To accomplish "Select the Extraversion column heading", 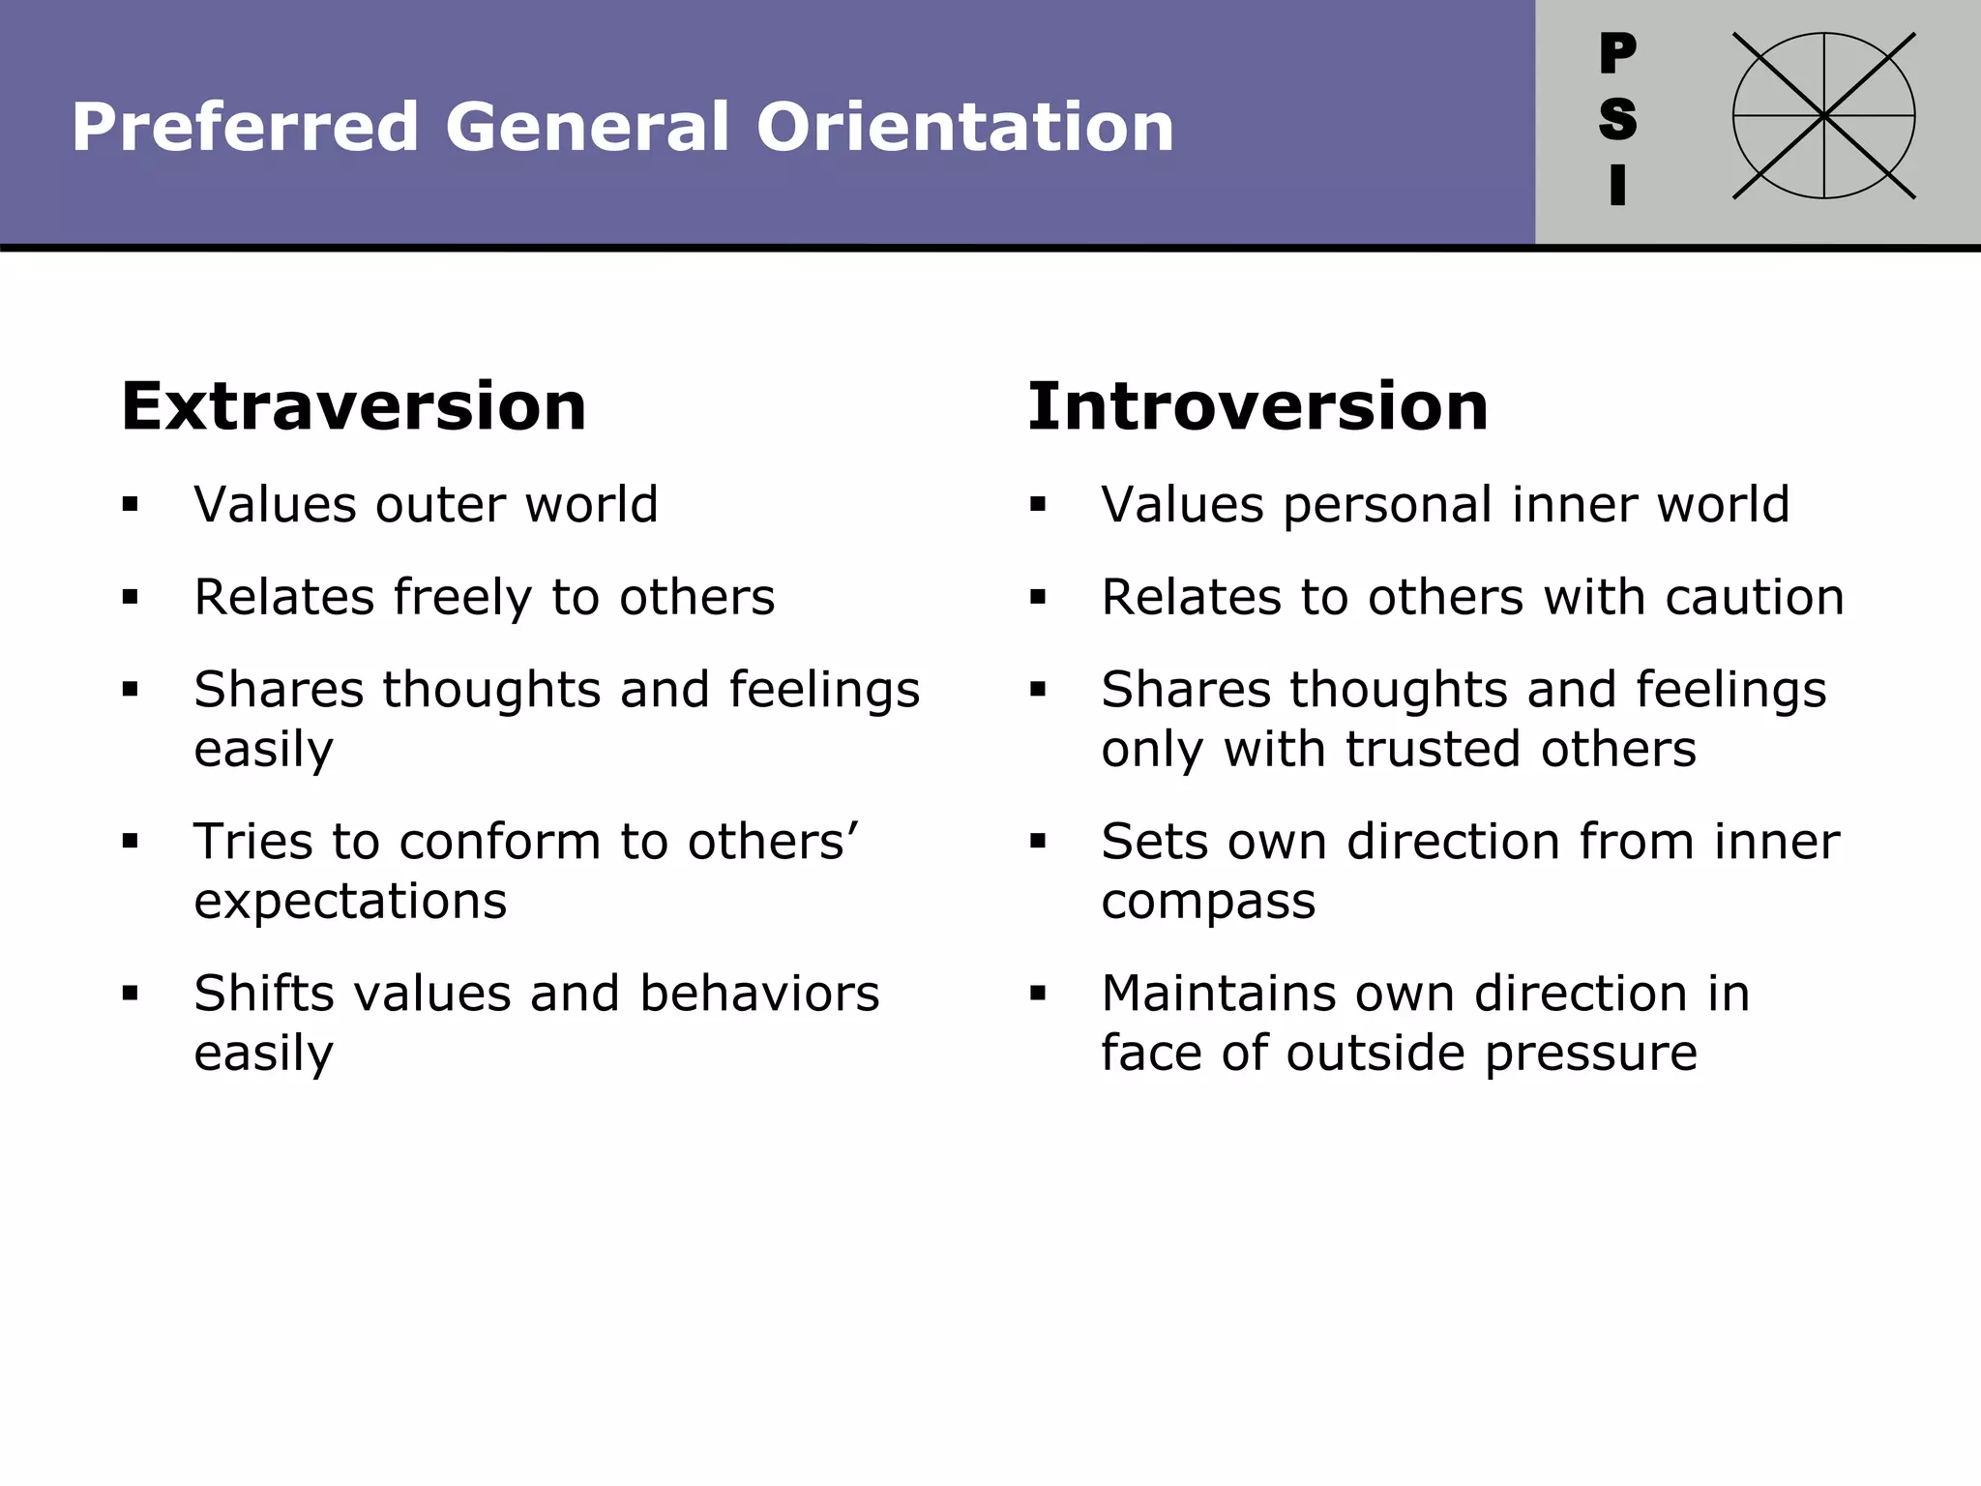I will click(x=354, y=406).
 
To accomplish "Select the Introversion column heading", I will click(x=1257, y=406).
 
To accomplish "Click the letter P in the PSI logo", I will click(x=1617, y=53).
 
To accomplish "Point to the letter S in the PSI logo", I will click(x=1617, y=119).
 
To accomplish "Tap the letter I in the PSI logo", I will click(x=1617, y=185).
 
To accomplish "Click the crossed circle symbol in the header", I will click(x=1823, y=116).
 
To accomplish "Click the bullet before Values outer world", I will click(x=131, y=504).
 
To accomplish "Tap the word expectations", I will click(x=350, y=902).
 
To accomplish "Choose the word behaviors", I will click(x=759, y=994).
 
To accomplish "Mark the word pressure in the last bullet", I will click(x=1590, y=1054).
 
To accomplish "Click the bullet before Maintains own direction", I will click(x=1038, y=994).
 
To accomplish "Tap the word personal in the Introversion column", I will click(x=1388, y=505).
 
